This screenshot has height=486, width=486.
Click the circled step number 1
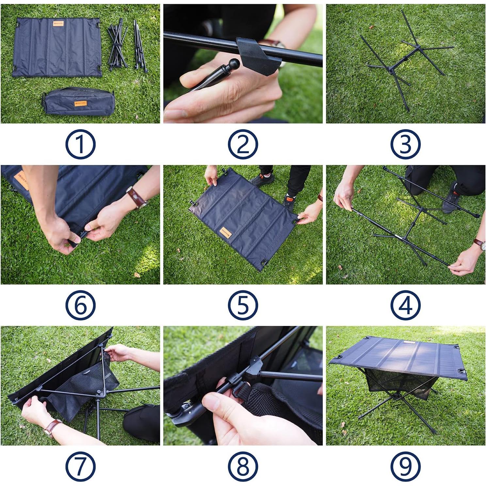pos(80,144)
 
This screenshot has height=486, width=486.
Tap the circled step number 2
pos(243,144)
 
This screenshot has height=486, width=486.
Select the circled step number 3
pos(405,144)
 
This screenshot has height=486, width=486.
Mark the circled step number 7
pos(80,466)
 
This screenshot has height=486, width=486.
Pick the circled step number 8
pos(243,466)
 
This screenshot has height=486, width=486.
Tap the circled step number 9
pos(405,466)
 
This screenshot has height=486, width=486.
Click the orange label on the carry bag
pos(80,103)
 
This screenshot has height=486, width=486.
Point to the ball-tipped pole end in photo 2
pos(234,63)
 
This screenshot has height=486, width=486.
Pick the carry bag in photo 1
pos(78,102)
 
